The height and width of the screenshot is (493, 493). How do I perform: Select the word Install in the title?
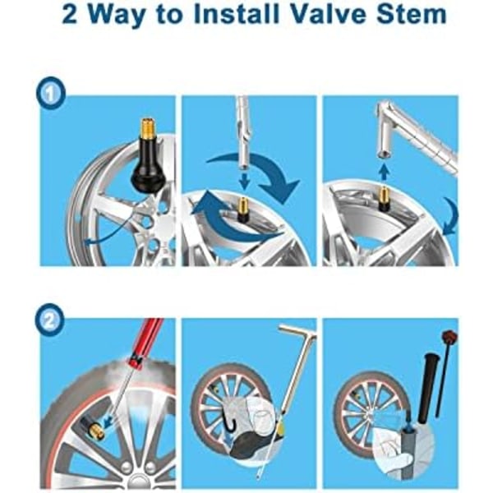(237, 13)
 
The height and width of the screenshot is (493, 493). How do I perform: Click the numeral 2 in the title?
(70, 14)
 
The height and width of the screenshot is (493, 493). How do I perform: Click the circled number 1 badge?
(51, 93)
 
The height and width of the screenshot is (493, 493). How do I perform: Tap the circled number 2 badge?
(49, 321)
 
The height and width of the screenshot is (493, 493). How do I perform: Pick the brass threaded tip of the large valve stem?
(147, 130)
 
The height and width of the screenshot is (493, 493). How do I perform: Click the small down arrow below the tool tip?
(245, 182)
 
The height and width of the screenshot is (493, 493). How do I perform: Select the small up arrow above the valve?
(383, 173)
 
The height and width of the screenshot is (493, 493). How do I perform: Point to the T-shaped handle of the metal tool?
(297, 331)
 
